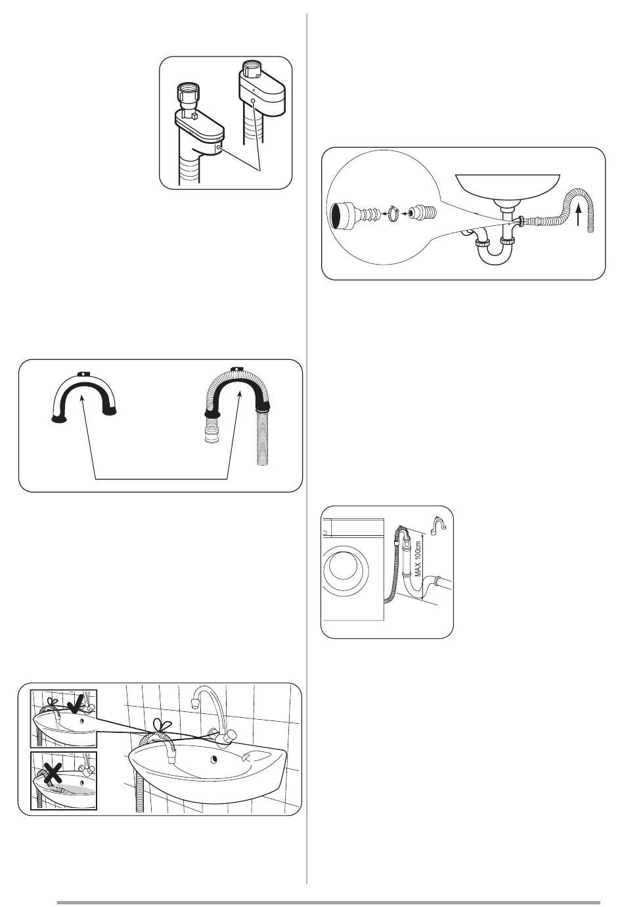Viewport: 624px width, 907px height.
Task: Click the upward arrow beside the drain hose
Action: point(579,214)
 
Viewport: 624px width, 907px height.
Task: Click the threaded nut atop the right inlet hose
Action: point(252,68)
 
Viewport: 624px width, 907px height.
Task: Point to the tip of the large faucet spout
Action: point(194,701)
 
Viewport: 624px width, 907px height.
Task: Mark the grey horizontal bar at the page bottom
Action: point(328,902)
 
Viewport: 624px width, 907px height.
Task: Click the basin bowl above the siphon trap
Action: point(507,187)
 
